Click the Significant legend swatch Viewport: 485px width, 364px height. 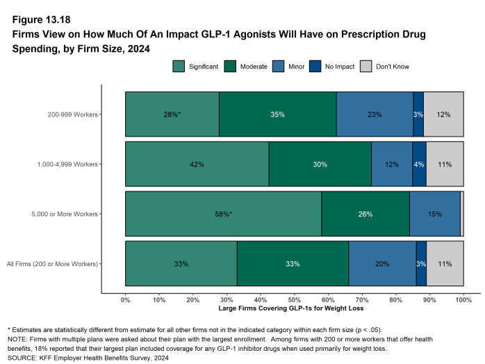click(x=179, y=67)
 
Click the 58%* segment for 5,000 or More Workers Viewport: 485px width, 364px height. click(x=223, y=214)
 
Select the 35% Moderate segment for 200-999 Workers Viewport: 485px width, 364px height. click(x=277, y=114)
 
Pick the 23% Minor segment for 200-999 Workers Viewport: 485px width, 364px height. click(x=375, y=114)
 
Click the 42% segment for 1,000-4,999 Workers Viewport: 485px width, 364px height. click(x=197, y=164)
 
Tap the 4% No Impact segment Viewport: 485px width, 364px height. click(x=419, y=164)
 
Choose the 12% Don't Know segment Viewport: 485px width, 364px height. click(x=443, y=114)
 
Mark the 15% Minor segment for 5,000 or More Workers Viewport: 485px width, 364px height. click(x=434, y=214)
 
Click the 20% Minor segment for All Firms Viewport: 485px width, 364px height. click(x=382, y=264)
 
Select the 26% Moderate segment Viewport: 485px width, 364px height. click(x=365, y=214)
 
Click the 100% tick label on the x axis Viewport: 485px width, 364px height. click(x=463, y=299)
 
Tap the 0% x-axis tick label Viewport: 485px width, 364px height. click(x=126, y=299)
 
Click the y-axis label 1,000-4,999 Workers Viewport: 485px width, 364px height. click(x=67, y=164)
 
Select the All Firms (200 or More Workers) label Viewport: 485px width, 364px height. click(x=52, y=264)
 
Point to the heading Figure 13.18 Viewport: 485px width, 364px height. click(x=40, y=19)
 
